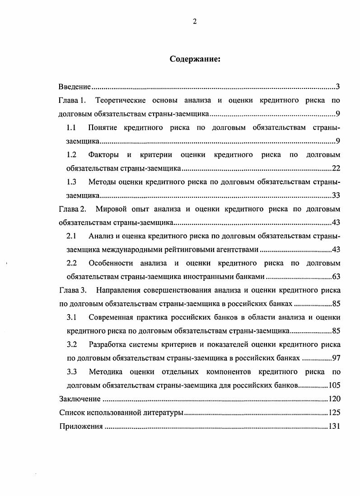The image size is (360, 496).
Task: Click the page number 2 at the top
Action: [x=195, y=22]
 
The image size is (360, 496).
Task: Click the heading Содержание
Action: [x=195, y=59]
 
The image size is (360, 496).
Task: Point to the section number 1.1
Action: [x=71, y=127]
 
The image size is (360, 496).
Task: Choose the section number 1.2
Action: [x=71, y=155]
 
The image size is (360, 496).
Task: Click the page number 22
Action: [x=336, y=168]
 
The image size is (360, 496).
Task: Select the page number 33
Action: [x=336, y=195]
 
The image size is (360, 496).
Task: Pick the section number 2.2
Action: [x=71, y=263]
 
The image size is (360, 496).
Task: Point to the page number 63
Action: [x=336, y=277]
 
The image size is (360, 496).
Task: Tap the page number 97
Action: [x=336, y=358]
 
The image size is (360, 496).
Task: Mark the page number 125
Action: [x=334, y=413]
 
